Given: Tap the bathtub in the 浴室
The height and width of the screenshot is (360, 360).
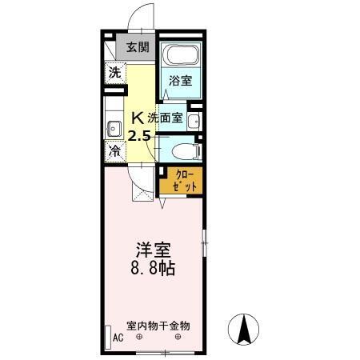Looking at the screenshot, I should click(x=179, y=57).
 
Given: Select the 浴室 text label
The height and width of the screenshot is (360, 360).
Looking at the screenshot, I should click(x=179, y=80).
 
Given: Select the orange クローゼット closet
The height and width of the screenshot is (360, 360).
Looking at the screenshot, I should click(x=180, y=180).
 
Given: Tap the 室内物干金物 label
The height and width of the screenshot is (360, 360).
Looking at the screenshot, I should click(x=158, y=326).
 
